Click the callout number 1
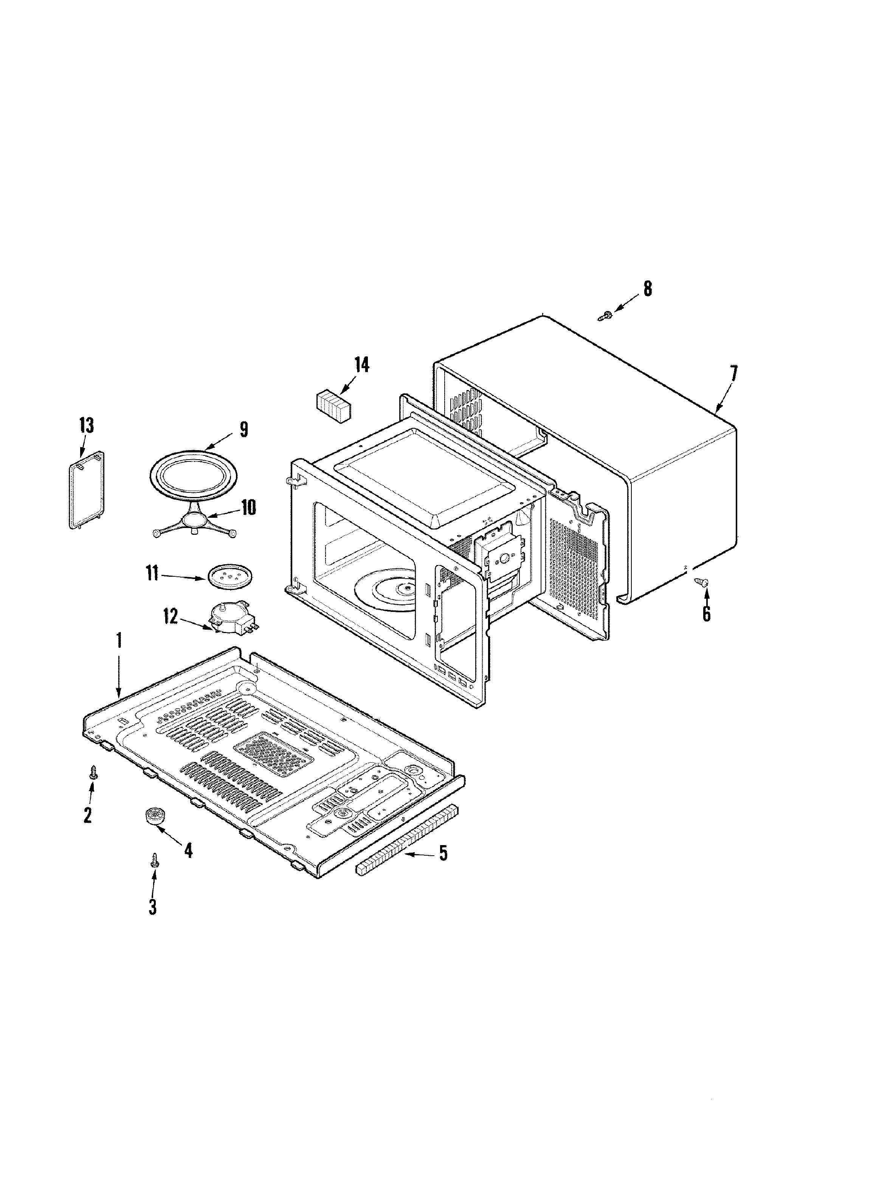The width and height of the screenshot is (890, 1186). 119,641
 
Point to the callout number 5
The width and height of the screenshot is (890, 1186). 443,853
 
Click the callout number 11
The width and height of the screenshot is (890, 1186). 152,574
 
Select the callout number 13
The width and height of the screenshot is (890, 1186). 86,425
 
